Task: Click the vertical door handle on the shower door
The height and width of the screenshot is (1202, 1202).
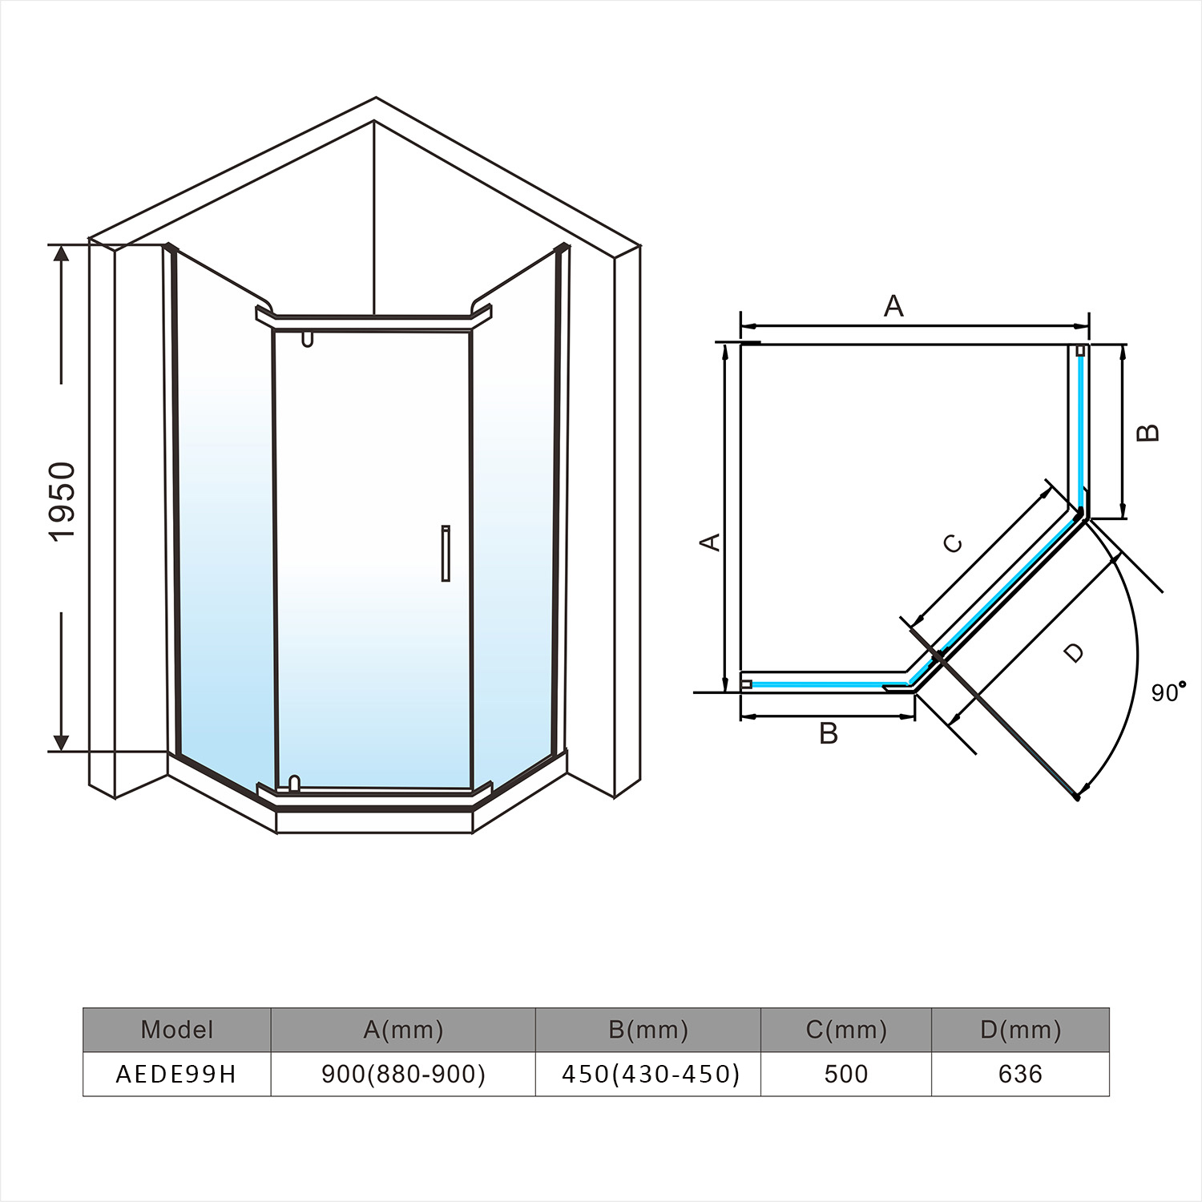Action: [x=446, y=553]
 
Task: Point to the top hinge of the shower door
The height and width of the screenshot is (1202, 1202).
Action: [x=307, y=339]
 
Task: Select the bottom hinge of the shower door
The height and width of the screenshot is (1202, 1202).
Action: [x=294, y=783]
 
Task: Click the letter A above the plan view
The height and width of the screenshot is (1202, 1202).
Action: [x=893, y=306]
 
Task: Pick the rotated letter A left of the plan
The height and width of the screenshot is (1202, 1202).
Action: [x=710, y=543]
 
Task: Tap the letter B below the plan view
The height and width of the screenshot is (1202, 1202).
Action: [x=829, y=733]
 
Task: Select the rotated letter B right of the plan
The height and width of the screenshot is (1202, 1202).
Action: [x=1148, y=432]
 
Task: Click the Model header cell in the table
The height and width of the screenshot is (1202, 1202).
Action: [x=177, y=1030]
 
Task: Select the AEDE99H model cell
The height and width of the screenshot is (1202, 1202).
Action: [x=177, y=1074]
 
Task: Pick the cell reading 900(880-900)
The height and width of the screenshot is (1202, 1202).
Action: [x=403, y=1074]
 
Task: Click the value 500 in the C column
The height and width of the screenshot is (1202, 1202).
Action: [x=846, y=1074]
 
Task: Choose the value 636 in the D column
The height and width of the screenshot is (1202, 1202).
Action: [x=1020, y=1074]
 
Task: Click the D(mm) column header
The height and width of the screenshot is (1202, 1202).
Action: [x=1020, y=1030]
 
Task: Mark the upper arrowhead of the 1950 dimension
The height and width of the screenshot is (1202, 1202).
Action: [x=61, y=252]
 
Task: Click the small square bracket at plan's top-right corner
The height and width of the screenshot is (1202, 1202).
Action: [x=1080, y=350]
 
